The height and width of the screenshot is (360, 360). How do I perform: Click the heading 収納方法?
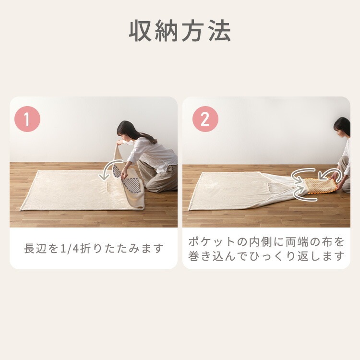180,32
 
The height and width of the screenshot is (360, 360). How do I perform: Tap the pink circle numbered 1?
28,120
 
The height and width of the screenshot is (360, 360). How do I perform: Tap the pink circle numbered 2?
205,120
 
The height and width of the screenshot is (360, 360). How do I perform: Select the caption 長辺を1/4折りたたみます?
94,249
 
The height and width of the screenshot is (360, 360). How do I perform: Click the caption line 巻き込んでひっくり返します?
266,256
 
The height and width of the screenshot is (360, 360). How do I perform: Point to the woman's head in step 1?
126,129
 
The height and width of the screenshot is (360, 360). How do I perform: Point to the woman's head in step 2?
342,126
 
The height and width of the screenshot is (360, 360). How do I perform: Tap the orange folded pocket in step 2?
316,185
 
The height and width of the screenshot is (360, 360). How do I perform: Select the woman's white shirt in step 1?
153,153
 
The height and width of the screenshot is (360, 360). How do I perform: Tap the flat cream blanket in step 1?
67,190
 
